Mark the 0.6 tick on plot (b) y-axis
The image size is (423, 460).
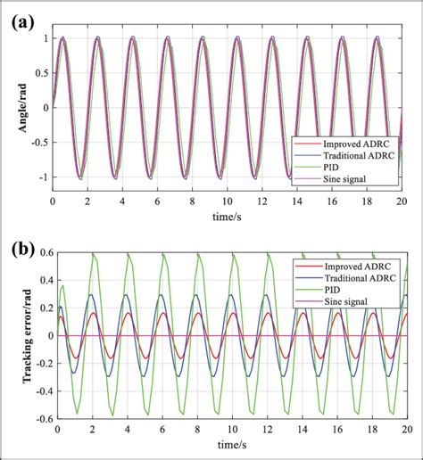pyautogui.click(x=41, y=255)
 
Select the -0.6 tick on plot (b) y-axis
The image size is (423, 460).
pyautogui.click(x=38, y=417)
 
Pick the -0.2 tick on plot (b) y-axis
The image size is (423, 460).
pyautogui.click(x=38, y=364)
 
